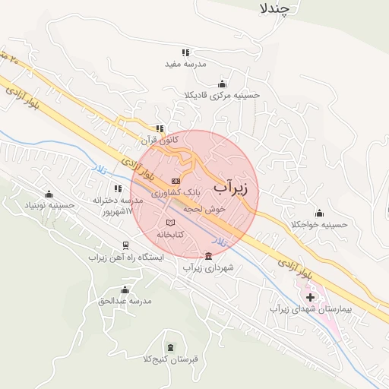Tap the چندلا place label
click(x=276, y=8)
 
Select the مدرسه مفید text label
click(x=182, y=64)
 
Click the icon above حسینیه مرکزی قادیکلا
click(x=222, y=84)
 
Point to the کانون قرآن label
click(x=160, y=141)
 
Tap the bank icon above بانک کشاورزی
click(x=176, y=181)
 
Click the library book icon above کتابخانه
click(x=170, y=223)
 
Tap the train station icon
click(x=125, y=245)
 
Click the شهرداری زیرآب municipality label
click(x=209, y=267)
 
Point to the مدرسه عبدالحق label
click(x=125, y=301)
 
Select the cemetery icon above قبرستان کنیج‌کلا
click(x=169, y=346)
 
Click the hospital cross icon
click(x=310, y=295)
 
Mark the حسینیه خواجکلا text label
click(x=319, y=225)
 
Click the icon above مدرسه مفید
click(x=182, y=52)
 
